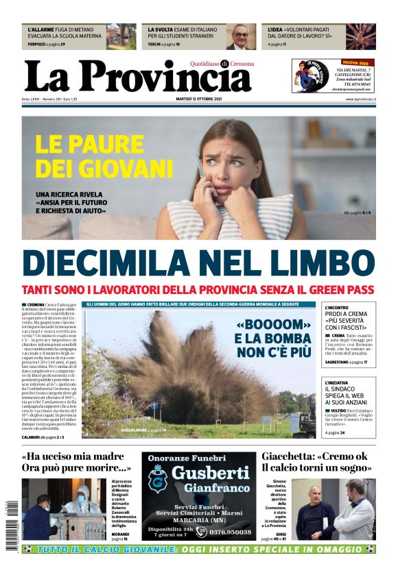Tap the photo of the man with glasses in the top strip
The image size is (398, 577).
click(x=240, y=36)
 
